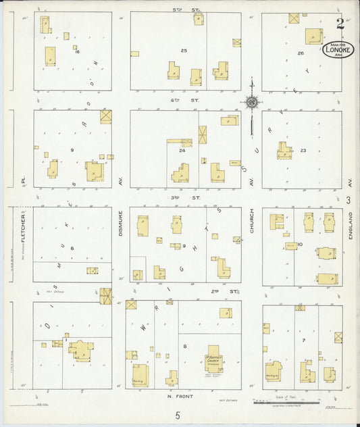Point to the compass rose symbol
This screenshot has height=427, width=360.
[x=251, y=103]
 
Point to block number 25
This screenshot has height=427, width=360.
[x=184, y=51]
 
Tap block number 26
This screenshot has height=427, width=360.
[x=301, y=53]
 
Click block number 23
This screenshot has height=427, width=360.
[x=303, y=150]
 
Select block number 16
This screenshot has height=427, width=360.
[x=77, y=51]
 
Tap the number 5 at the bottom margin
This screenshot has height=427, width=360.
[x=178, y=416]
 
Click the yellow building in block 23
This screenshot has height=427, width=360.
[x=284, y=150]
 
